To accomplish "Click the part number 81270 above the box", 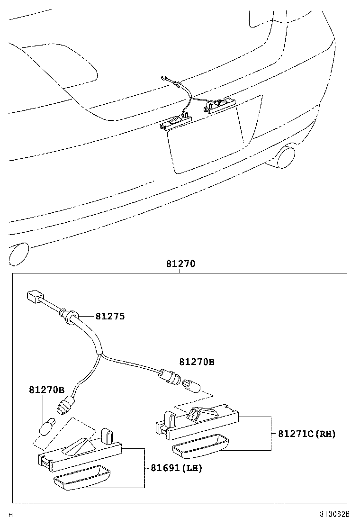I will click(x=180, y=264).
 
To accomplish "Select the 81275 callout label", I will click(x=110, y=316).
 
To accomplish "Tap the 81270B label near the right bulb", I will click(x=197, y=362).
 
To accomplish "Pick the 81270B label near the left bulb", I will click(x=46, y=390).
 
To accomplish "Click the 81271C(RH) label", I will click(x=306, y=433).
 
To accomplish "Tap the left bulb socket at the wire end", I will click(x=64, y=406).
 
